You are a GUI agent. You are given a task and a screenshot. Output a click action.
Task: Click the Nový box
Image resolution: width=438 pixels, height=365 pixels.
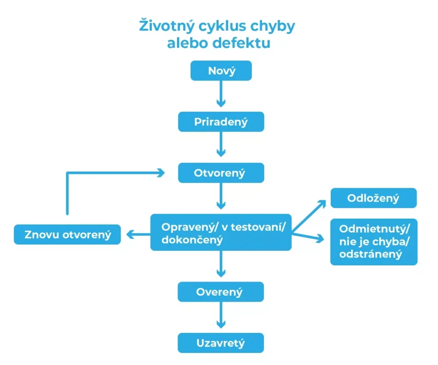coord(221,71)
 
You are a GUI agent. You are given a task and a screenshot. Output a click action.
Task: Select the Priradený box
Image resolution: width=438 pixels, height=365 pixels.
coord(221,122)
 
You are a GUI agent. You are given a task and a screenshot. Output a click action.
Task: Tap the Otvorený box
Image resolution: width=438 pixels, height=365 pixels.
coord(221,173)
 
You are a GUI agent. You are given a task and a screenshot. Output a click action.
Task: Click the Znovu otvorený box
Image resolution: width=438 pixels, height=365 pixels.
coord(67,234)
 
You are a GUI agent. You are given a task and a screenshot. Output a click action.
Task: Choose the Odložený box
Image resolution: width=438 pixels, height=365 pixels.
coord(373,198)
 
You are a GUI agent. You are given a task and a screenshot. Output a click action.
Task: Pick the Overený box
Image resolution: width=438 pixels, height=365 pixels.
coord(221,292)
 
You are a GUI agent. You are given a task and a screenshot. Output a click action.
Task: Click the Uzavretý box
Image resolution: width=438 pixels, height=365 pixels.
coord(221,343)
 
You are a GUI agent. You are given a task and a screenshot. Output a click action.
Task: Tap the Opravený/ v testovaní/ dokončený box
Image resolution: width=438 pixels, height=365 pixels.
coord(221,232)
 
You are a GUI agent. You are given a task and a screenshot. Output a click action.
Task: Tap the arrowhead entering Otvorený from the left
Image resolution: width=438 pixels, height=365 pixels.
coord(160,173)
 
